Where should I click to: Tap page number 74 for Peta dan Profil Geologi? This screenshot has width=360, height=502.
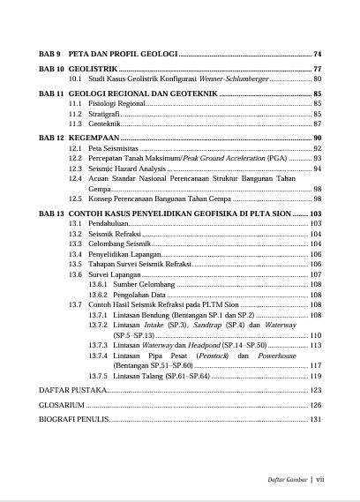(x=316, y=54)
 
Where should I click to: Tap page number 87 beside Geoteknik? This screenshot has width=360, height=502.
(x=316, y=124)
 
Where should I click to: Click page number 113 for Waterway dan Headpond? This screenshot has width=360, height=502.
(x=314, y=344)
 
